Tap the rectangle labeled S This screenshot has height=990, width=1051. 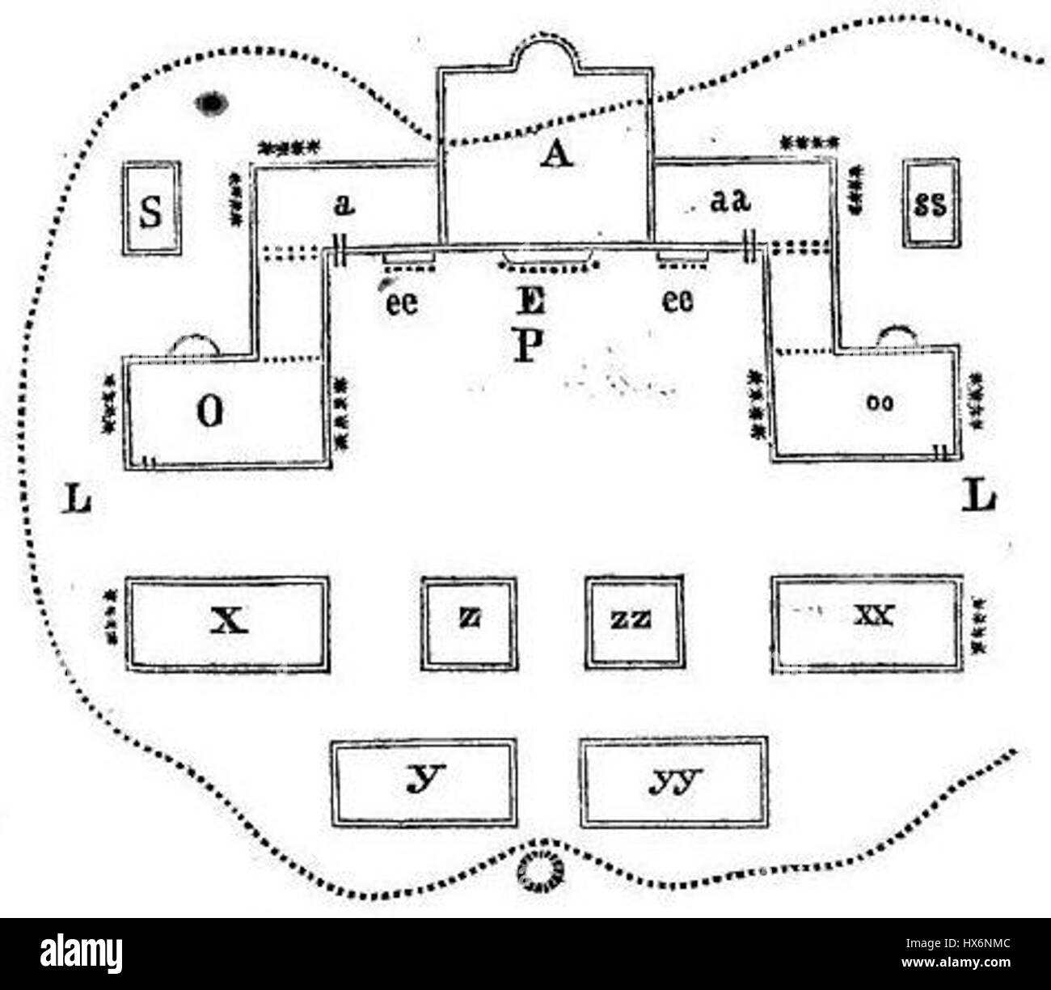tap(151, 208)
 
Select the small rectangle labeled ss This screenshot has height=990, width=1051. tap(930, 203)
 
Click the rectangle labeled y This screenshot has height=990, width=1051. tap(424, 781)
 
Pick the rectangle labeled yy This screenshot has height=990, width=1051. tap(674, 781)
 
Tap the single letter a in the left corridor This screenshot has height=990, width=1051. tap(344, 204)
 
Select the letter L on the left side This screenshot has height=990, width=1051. tap(78, 501)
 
